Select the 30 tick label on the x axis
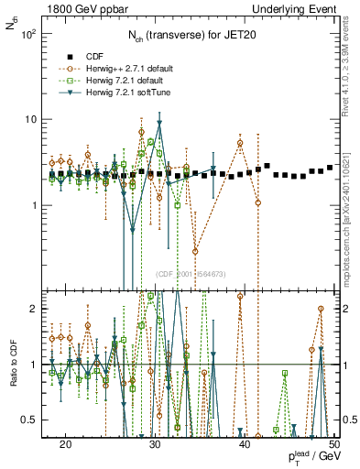coord(156,442)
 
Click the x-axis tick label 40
coord(245,442)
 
